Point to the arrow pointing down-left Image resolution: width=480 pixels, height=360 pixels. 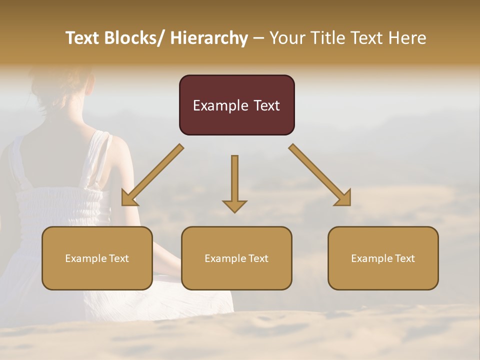[x=152, y=175]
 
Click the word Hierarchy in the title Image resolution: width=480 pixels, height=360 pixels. [x=209, y=38]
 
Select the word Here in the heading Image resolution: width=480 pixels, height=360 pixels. [x=407, y=38]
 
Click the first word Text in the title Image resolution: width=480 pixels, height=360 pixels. [x=83, y=38]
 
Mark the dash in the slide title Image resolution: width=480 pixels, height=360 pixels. [x=258, y=38]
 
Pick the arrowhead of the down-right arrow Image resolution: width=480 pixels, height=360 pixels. [x=343, y=198]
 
